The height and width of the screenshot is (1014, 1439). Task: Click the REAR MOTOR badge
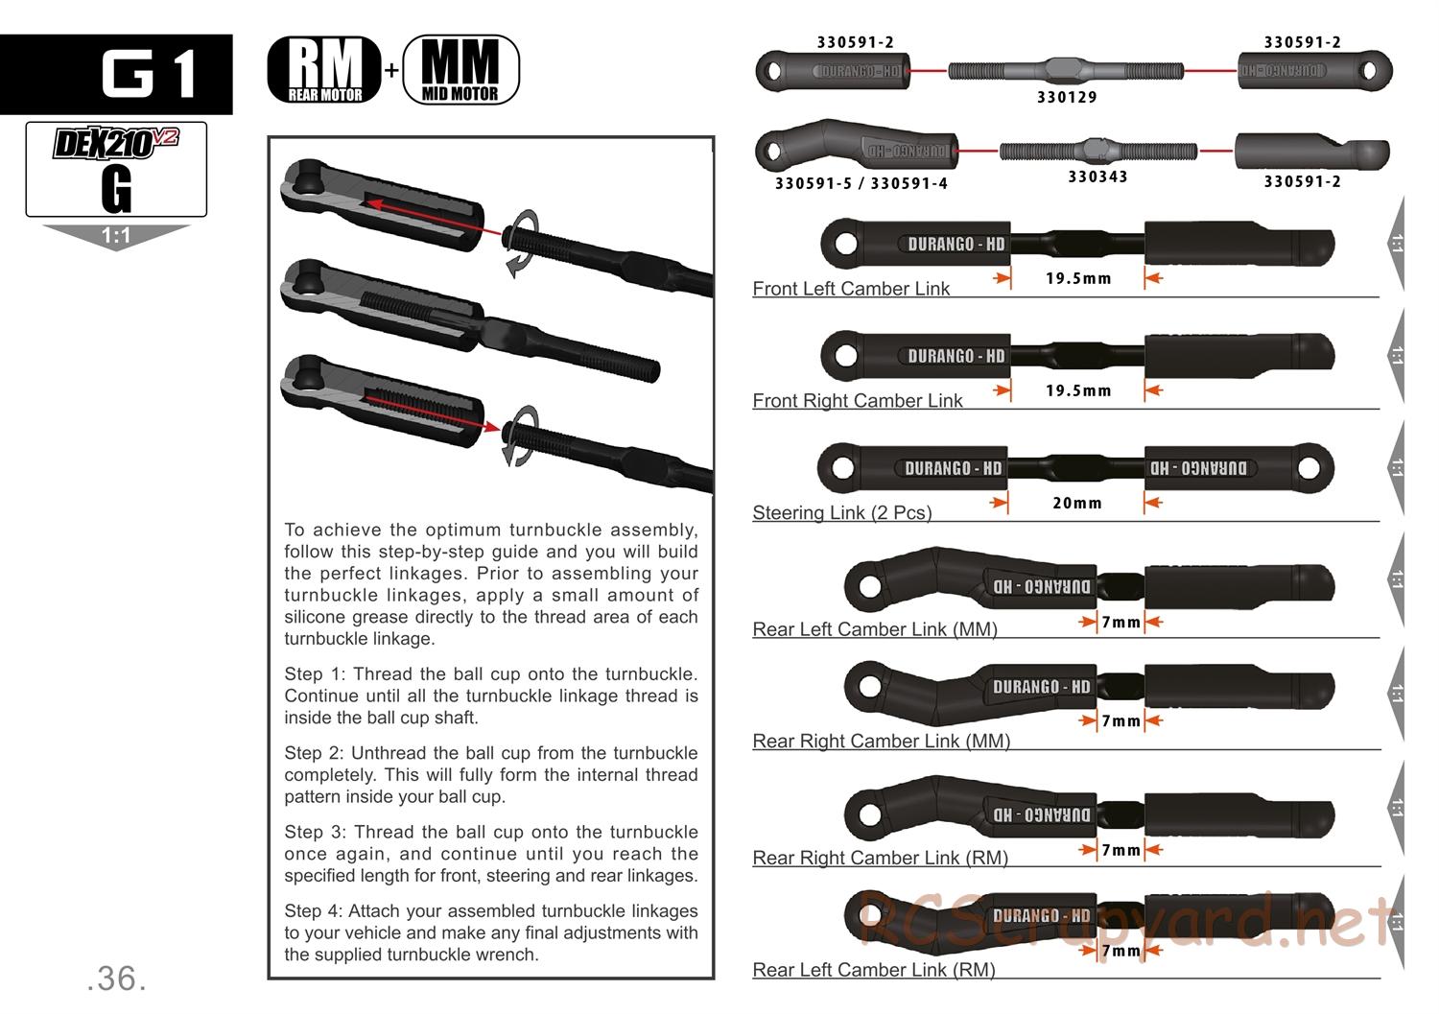(x=323, y=70)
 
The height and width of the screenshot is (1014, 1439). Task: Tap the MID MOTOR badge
(x=460, y=70)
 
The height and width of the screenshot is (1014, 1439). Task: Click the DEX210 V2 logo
(x=115, y=144)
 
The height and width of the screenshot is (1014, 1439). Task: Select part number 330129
(x=1067, y=97)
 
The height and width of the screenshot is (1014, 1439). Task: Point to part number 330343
(x=1097, y=177)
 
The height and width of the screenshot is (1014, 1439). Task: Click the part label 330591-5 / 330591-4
(x=861, y=183)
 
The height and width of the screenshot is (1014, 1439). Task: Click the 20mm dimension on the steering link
(x=1076, y=503)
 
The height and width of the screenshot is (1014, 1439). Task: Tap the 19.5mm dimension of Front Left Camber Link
(x=1078, y=278)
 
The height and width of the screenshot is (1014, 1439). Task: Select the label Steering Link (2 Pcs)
(x=841, y=512)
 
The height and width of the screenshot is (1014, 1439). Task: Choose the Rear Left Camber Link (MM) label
(x=874, y=629)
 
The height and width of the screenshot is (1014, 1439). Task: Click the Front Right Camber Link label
(x=857, y=401)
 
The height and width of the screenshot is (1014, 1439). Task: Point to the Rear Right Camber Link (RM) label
(x=880, y=858)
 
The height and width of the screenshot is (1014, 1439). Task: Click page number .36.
(x=116, y=978)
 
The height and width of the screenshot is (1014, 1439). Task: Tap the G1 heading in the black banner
(x=150, y=74)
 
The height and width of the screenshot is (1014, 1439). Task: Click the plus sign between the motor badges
(x=391, y=70)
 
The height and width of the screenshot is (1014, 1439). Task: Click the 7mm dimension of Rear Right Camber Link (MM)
(x=1121, y=720)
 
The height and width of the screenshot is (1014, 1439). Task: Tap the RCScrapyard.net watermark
(x=1122, y=921)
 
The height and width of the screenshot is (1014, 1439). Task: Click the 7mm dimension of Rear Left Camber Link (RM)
(x=1121, y=951)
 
